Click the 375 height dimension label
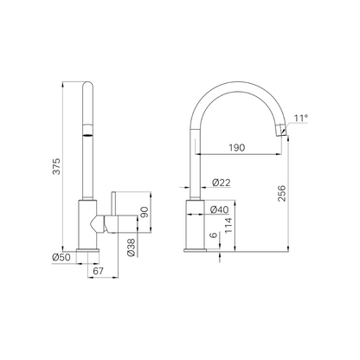click(57, 166)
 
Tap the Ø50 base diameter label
click(61, 257)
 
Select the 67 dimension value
click(98, 271)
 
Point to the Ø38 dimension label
click(131, 247)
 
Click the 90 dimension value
click(145, 212)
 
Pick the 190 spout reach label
click(237, 148)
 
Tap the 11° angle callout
click(301, 118)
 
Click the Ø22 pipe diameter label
click(222, 183)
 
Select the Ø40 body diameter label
click(220, 209)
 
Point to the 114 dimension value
click(228, 226)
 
